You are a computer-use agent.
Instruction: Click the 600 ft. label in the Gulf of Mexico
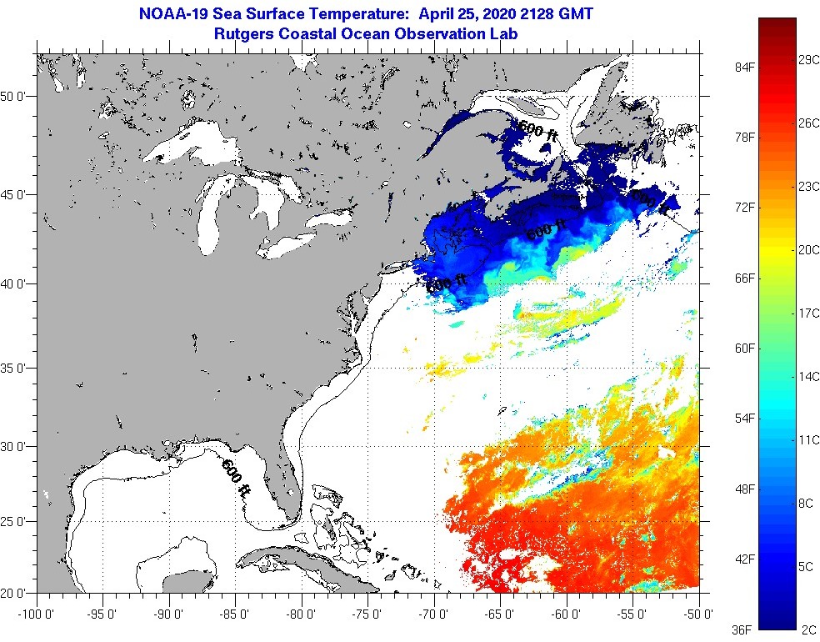236,478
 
